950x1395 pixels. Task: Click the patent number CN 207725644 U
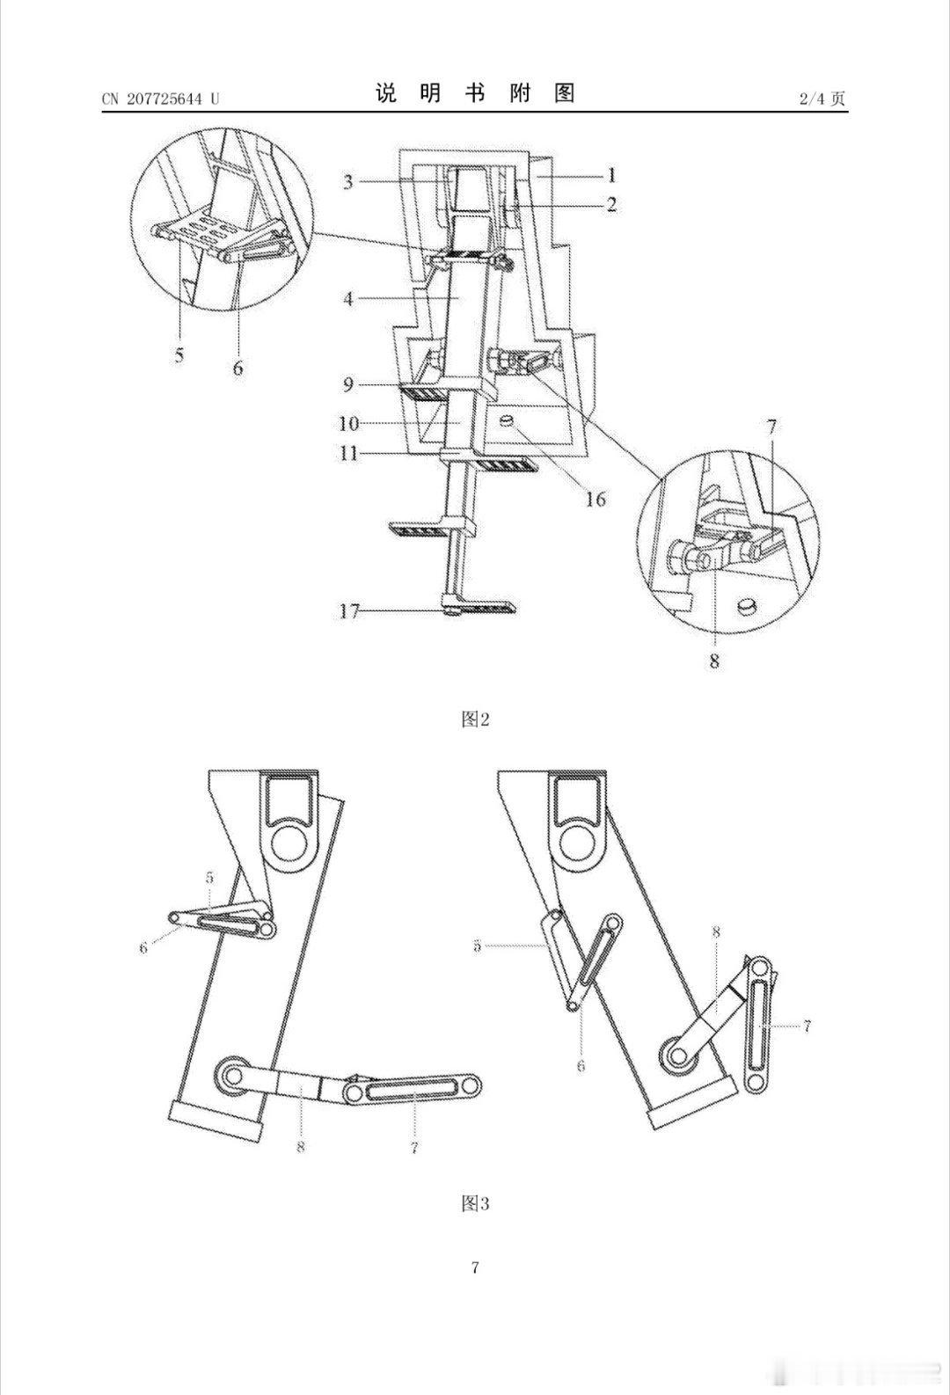[x=161, y=99]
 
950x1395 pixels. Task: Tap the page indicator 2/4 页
[x=822, y=99]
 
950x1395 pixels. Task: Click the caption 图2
[x=475, y=719]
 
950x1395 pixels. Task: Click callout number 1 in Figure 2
[x=611, y=176]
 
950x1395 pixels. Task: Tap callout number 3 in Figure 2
[x=348, y=182]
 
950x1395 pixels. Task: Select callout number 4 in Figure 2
[x=348, y=299]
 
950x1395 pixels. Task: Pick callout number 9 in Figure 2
[x=348, y=385]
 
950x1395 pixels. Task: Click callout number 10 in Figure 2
[x=349, y=423]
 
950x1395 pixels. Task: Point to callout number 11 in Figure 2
[x=349, y=453]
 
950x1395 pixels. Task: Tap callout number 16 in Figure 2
[x=596, y=499]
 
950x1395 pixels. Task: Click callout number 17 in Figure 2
[x=349, y=611]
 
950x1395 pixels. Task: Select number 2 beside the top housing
[x=611, y=204]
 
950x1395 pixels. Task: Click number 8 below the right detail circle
[x=714, y=661]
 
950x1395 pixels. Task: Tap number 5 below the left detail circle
[x=179, y=355]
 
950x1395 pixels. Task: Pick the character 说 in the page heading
[x=385, y=93]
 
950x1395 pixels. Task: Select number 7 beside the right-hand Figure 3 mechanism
[x=807, y=1026]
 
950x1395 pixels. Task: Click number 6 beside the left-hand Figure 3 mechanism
[x=144, y=948]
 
